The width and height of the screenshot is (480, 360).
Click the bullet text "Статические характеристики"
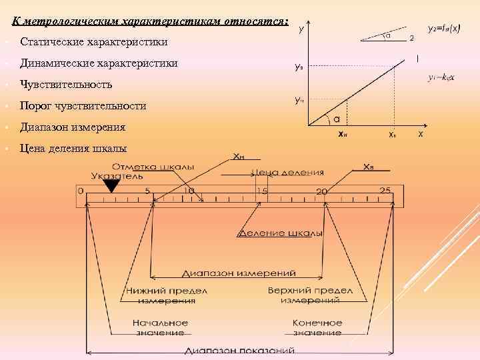(94, 43)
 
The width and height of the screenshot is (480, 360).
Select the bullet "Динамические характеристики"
(99, 63)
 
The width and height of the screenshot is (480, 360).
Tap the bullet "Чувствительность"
(66, 85)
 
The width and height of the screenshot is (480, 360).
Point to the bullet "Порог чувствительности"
(83, 106)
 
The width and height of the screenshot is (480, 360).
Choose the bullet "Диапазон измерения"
(73, 127)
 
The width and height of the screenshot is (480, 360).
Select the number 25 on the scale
(385, 191)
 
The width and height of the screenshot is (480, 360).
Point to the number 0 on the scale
(80, 191)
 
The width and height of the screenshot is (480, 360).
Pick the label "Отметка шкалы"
(153, 166)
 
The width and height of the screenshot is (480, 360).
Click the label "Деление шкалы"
(280, 234)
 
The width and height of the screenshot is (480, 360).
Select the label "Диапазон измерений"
(239, 273)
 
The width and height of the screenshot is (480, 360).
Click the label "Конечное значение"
(317, 327)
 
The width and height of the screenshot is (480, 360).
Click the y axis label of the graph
(302, 30)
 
